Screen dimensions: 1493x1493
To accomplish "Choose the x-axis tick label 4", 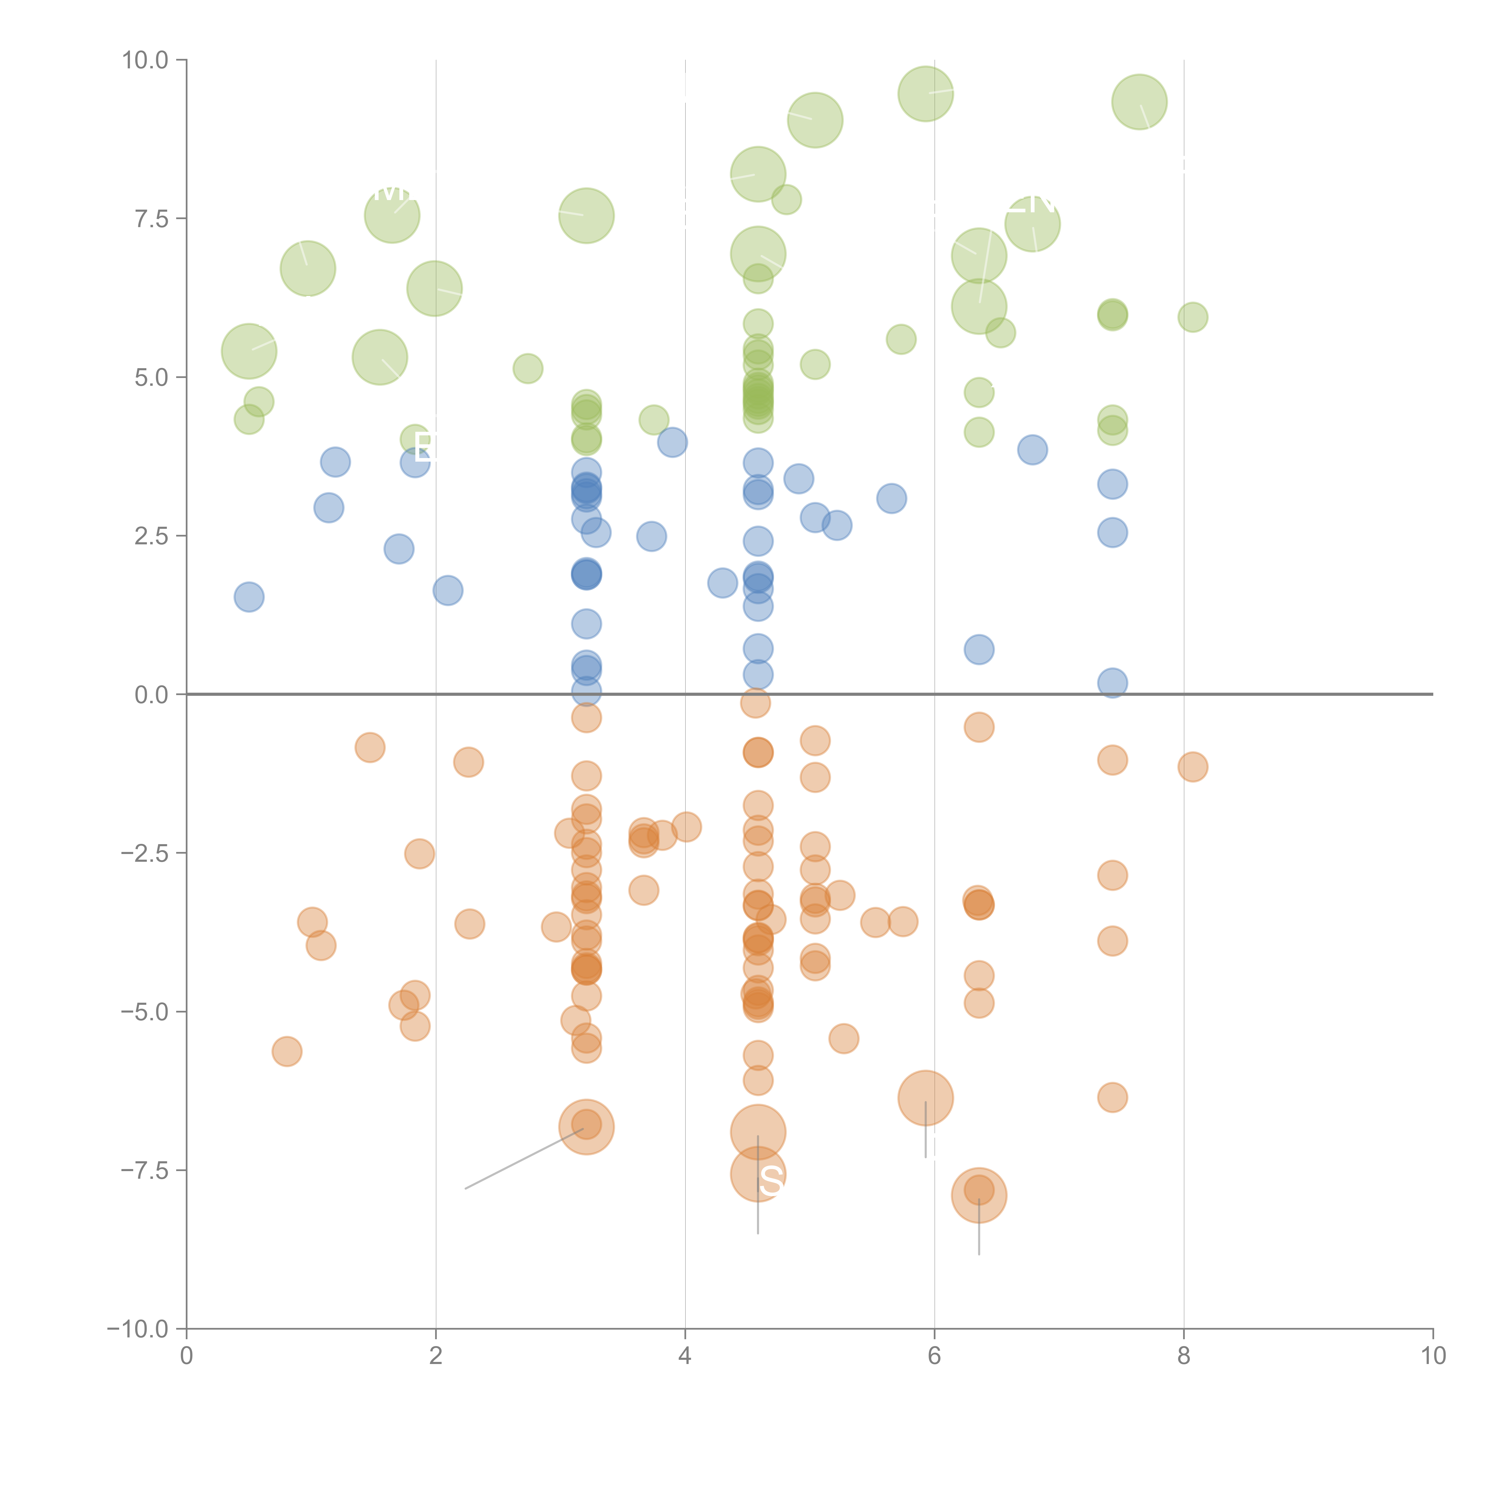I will [685, 1357].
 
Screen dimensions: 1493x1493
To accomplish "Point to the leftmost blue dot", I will [249, 597].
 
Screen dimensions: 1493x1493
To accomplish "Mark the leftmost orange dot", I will [287, 1052].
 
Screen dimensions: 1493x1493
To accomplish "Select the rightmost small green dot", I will [1192, 317].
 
